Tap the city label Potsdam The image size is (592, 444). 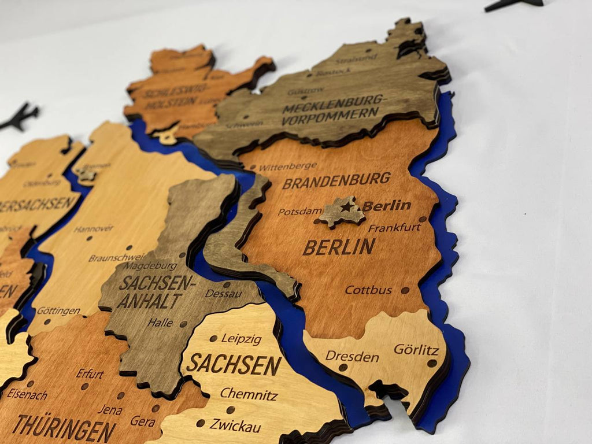[299, 212]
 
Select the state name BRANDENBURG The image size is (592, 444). [336, 181]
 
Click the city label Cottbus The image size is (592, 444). [368, 290]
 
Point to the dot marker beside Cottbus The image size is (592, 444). [405, 290]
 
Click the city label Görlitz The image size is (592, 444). [416, 350]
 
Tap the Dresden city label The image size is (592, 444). [351, 356]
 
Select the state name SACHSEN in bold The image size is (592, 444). [234, 365]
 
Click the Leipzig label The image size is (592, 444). [241, 339]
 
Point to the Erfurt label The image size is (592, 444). [90, 373]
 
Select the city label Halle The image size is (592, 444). [160, 323]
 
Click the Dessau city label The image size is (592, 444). [223, 294]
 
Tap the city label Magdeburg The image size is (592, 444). [151, 266]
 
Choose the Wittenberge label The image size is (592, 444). [288, 166]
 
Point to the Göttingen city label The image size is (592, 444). [58, 311]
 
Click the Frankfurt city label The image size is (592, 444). [394, 228]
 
